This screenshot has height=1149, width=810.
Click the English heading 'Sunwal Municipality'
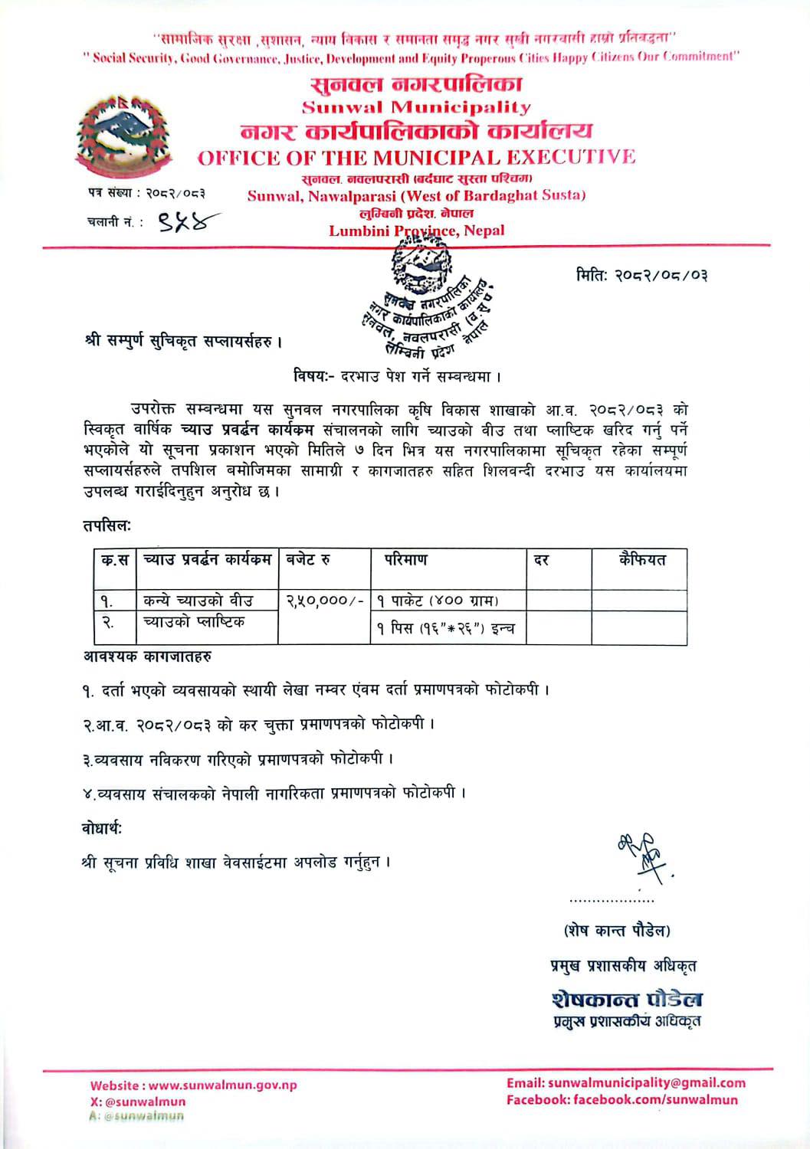(416, 107)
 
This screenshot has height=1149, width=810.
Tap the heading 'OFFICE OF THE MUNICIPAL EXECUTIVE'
(416, 158)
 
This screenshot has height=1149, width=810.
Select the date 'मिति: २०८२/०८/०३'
(641, 273)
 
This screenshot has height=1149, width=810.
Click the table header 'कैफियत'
(642, 560)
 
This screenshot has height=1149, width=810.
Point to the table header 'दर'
(542, 561)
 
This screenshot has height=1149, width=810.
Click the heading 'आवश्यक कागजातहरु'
(148, 656)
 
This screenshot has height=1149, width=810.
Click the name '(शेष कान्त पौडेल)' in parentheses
(617, 931)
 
